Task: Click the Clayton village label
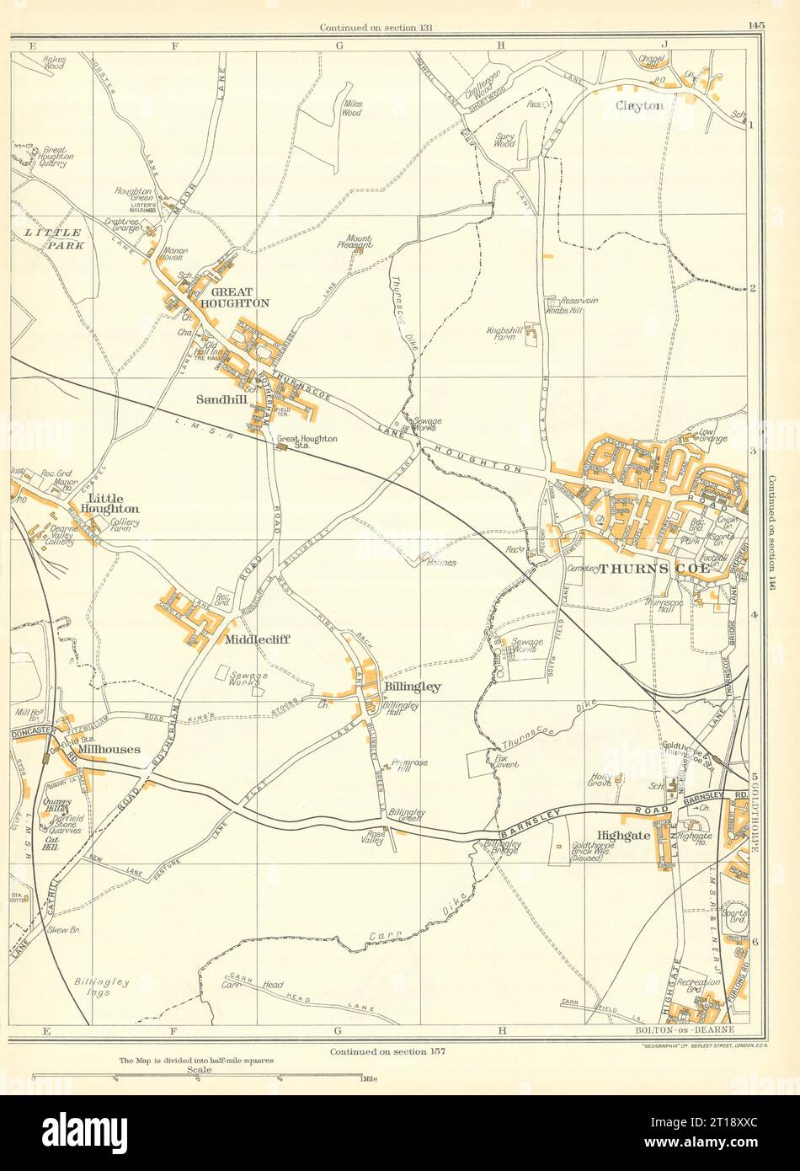click(x=639, y=106)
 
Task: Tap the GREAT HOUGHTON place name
click(x=233, y=297)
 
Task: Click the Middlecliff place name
click(x=257, y=639)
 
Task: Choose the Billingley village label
click(x=412, y=687)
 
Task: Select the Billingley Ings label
click(x=102, y=987)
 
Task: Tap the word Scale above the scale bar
click(x=200, y=1069)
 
